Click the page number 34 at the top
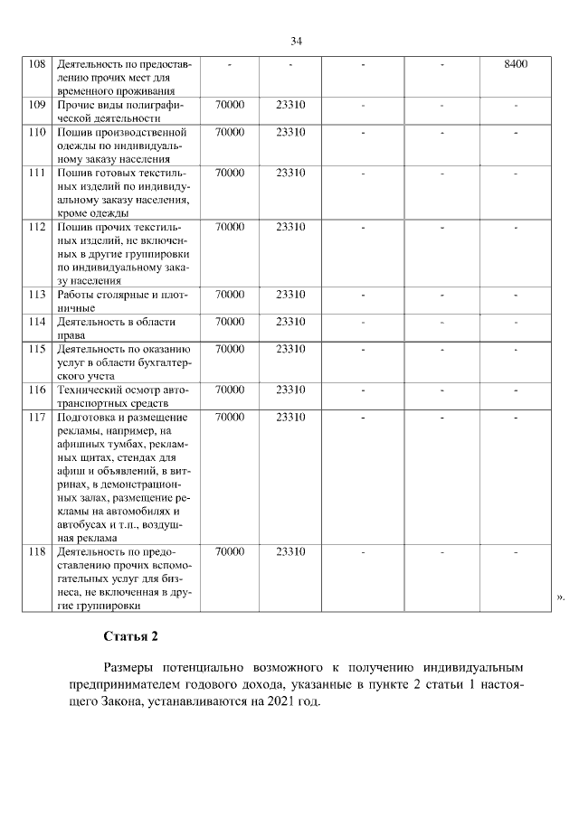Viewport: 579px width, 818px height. coord(296,41)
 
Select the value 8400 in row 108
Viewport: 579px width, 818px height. coord(516,64)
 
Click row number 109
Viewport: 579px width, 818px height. coord(37,105)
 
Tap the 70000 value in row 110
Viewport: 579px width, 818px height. coord(230,132)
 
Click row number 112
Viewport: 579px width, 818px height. coord(37,227)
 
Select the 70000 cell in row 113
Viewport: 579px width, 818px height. coord(230,295)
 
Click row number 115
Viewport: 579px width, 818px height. coord(37,349)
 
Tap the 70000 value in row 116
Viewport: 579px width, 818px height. coord(230,390)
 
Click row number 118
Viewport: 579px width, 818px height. coord(37,551)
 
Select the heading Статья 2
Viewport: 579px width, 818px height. coord(131,635)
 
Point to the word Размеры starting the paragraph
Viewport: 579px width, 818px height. coord(132,666)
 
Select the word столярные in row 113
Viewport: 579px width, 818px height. coord(119,295)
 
